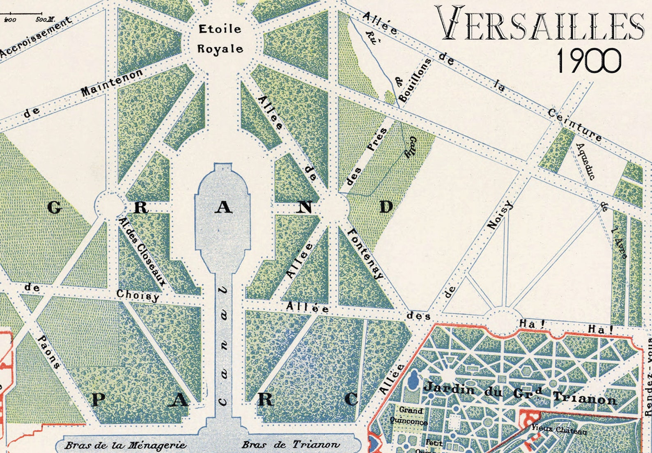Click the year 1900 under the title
(x=588, y=60)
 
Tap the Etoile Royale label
(x=220, y=39)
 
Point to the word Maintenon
(x=111, y=82)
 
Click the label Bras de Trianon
(x=290, y=444)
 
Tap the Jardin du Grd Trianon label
(x=520, y=393)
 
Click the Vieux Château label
(x=559, y=429)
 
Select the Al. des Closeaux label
(x=142, y=252)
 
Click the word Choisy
(x=138, y=295)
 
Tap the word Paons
(x=49, y=352)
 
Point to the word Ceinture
(x=574, y=125)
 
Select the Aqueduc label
(x=586, y=161)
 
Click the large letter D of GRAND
(x=386, y=207)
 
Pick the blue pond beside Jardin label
(x=413, y=380)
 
